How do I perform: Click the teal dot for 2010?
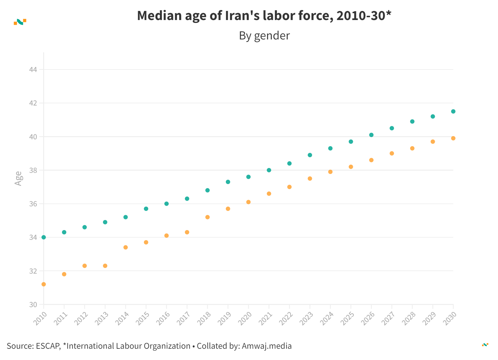(44, 237)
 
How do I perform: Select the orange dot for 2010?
(44, 284)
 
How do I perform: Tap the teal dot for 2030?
(453, 111)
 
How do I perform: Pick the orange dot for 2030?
(453, 138)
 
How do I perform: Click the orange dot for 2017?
(187, 232)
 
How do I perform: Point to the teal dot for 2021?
(269, 170)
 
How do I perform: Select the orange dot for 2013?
(105, 266)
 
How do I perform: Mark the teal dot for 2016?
(166, 204)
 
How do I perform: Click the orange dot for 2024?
(330, 172)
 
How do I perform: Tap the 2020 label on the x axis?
(245, 319)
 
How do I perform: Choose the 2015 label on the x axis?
(142, 319)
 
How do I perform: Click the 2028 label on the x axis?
(409, 319)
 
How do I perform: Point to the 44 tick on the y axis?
(33, 69)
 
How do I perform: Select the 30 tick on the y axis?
(33, 305)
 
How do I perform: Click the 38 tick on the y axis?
(33, 170)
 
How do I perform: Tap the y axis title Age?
(18, 178)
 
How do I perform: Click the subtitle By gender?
(264, 36)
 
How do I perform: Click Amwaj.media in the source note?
(267, 346)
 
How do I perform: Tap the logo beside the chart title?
(20, 22)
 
